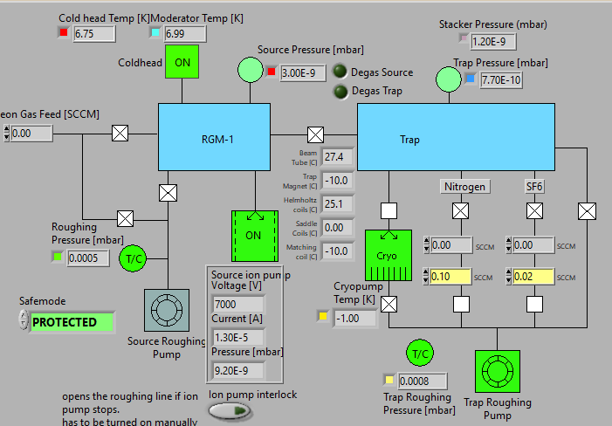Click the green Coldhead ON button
(x=182, y=63)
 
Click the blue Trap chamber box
(x=456, y=138)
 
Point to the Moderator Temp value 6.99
(x=184, y=34)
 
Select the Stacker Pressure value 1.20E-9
(x=495, y=41)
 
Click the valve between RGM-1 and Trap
(x=315, y=135)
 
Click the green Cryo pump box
(x=387, y=255)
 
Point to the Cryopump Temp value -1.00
(x=354, y=318)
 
